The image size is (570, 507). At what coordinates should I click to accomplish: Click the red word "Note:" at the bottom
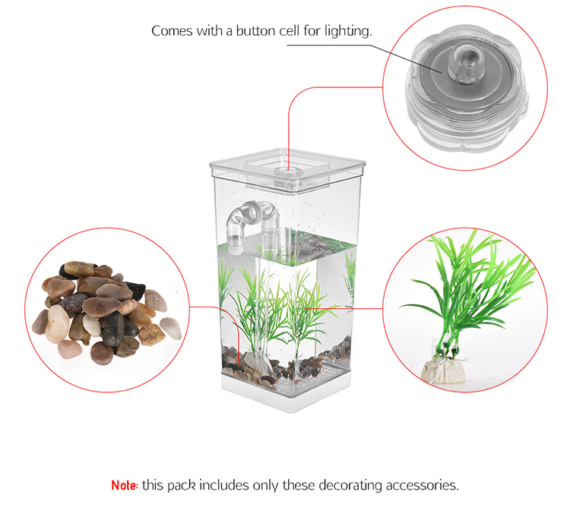[x=125, y=484]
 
